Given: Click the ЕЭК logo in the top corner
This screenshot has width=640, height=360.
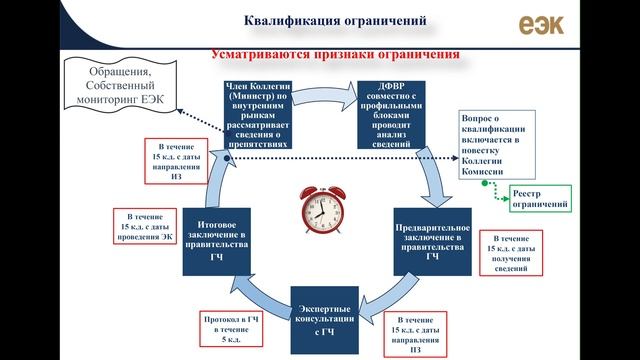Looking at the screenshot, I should tap(541, 23).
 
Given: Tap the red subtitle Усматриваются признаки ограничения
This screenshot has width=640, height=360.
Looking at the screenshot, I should tap(335, 53).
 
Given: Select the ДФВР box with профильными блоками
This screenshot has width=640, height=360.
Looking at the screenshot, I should tap(391, 112).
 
